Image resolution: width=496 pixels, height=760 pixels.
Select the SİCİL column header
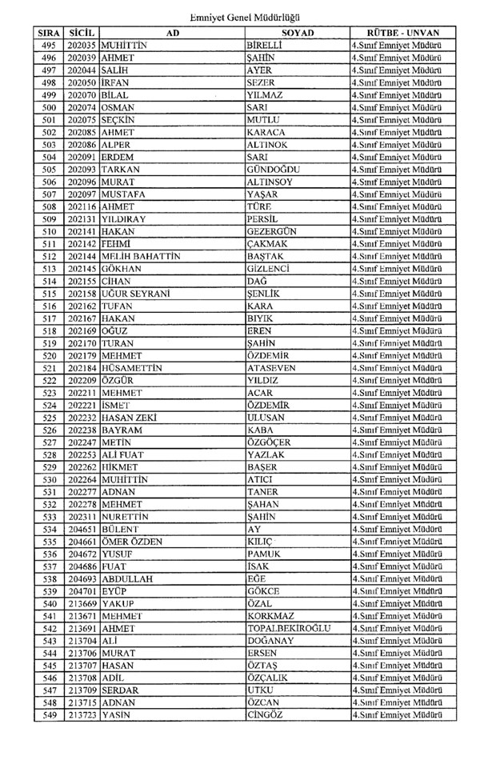(x=82, y=33)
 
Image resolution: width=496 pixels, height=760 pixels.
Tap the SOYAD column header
(x=298, y=33)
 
